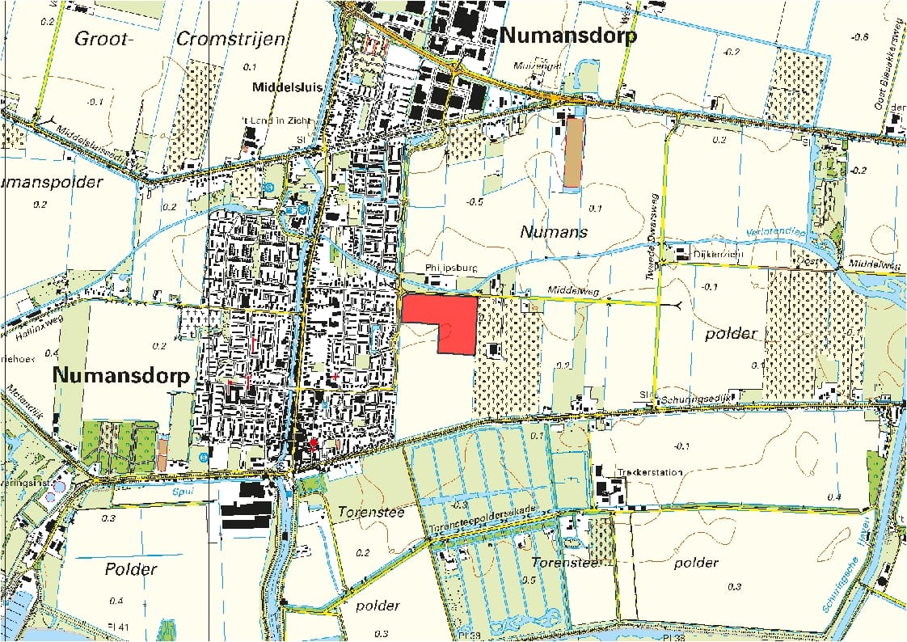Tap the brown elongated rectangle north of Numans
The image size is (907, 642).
(x=573, y=152)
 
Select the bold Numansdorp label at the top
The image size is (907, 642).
(x=568, y=36)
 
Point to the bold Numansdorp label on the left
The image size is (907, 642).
(x=121, y=376)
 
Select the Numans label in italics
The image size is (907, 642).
(x=553, y=232)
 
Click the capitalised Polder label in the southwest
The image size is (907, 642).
(x=130, y=568)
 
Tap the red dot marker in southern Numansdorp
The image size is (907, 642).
(x=314, y=443)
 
